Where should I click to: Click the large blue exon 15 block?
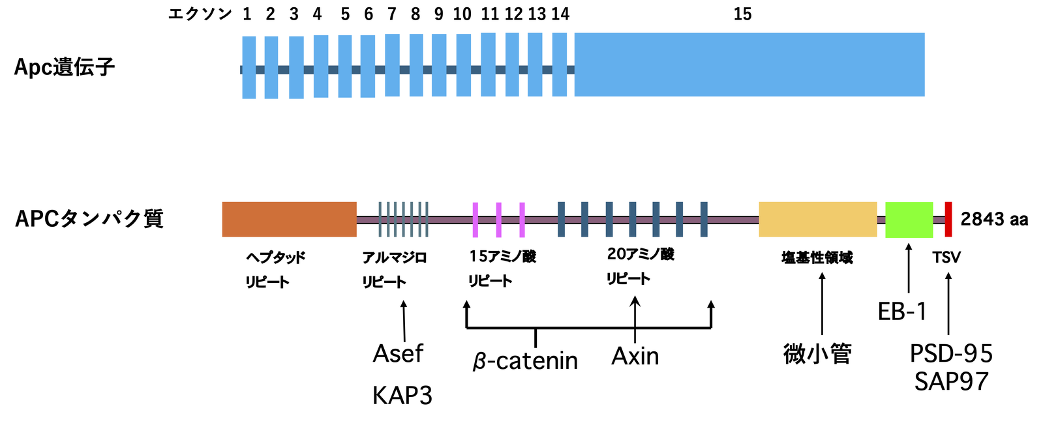click(x=749, y=65)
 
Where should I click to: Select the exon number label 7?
click(x=392, y=14)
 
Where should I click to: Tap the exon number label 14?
click(x=560, y=14)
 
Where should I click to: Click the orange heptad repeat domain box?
click(x=289, y=219)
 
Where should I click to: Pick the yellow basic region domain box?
click(x=817, y=219)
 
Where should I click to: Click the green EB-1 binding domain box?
click(x=909, y=220)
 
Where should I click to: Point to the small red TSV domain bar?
click(x=948, y=219)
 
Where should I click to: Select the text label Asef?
click(x=398, y=354)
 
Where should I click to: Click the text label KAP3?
click(x=402, y=396)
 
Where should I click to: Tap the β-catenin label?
click(x=525, y=360)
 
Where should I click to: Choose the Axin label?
click(x=635, y=357)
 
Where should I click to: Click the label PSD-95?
click(x=951, y=354)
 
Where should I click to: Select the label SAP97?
click(x=951, y=381)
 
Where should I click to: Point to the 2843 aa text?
click(x=994, y=220)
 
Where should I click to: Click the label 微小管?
click(x=817, y=354)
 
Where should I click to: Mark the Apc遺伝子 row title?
click(x=65, y=67)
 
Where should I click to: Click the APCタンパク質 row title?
click(x=89, y=219)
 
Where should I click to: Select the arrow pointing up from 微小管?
click(x=822, y=303)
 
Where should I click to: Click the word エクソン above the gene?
click(x=200, y=14)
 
